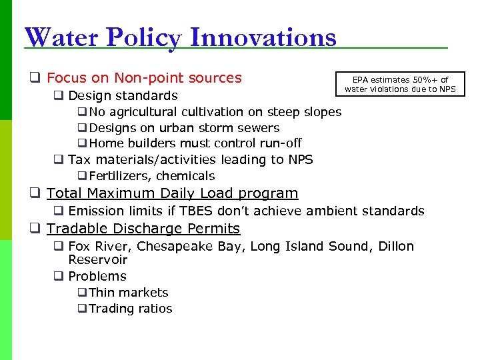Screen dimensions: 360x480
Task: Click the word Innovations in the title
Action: coord(263,37)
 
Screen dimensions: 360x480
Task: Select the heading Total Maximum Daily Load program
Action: coord(172,193)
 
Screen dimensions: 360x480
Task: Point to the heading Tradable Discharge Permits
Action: coord(143,229)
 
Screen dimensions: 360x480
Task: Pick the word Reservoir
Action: coord(97,260)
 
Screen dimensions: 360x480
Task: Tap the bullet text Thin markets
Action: coord(128,292)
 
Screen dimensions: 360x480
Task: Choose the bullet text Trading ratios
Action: coord(130,309)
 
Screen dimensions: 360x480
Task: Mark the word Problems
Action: coord(97,276)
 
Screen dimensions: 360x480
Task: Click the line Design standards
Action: coord(123,96)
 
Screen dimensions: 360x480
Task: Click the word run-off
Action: coord(280,143)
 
